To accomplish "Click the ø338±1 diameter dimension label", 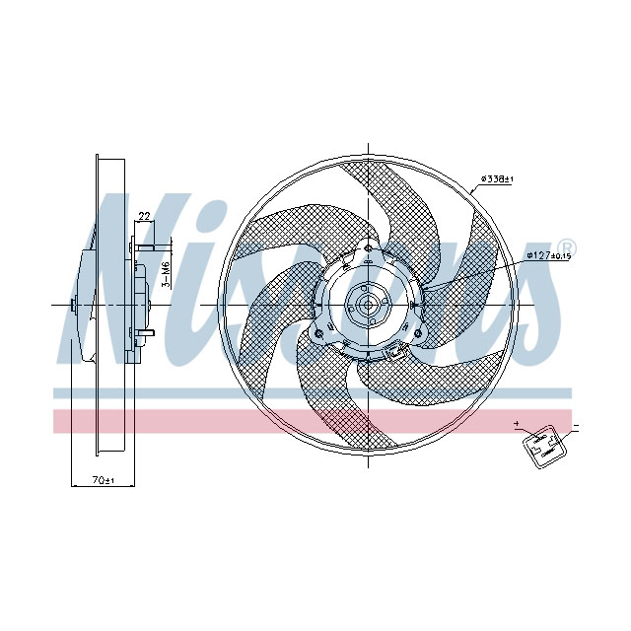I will (x=498, y=179).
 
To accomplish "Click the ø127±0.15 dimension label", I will (x=548, y=255).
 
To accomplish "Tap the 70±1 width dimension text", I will (x=104, y=480).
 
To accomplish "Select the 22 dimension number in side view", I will (x=144, y=216).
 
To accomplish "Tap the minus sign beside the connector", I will (x=575, y=428).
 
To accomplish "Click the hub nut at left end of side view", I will (x=74, y=306).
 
